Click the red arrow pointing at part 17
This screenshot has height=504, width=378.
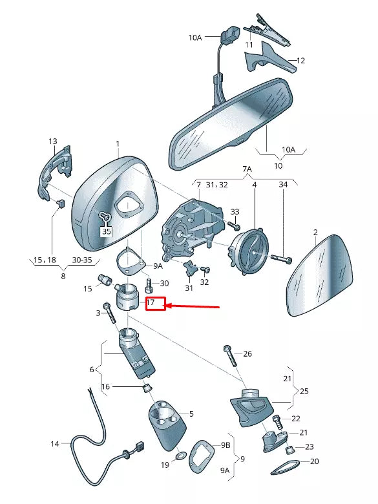point(194,306)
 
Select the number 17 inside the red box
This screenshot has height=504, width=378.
point(151,302)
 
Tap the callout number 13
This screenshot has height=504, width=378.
point(53,141)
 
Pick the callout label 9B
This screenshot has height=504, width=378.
point(226,445)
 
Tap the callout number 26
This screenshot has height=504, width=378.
point(247,353)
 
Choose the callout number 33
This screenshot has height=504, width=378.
point(235,211)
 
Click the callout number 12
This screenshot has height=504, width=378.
point(300,61)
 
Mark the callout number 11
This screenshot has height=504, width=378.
point(249,45)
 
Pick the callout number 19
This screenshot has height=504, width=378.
point(165,465)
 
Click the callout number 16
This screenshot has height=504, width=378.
point(106,386)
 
